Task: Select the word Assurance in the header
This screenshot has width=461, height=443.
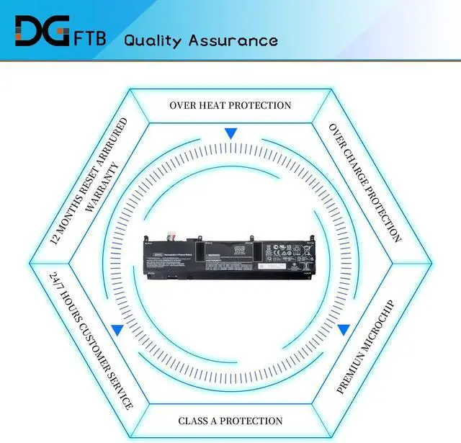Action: click(x=233, y=40)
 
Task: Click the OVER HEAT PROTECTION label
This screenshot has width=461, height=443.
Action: click(x=230, y=105)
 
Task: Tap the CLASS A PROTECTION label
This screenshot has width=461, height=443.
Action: click(x=230, y=421)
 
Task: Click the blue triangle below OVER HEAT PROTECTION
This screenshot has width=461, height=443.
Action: click(x=230, y=133)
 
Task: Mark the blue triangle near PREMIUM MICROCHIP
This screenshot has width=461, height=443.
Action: click(x=344, y=329)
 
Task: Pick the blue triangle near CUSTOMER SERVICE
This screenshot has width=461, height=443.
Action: click(x=117, y=329)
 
